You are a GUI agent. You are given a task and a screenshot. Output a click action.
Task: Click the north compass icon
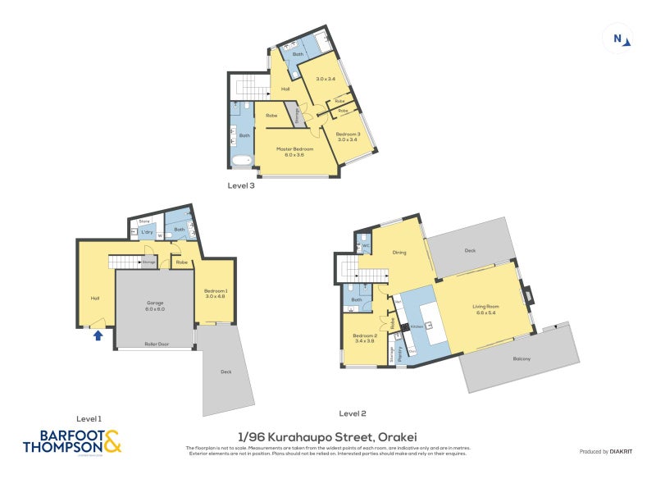[618, 38]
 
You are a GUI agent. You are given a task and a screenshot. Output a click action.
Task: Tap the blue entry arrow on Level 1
[98, 335]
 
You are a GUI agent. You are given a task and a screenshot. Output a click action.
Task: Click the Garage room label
[155, 306]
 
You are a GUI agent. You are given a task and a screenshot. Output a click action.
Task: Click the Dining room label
[399, 253]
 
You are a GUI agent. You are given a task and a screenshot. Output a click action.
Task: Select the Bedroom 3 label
[347, 136]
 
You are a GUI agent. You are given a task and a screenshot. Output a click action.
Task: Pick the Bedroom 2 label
[364, 338]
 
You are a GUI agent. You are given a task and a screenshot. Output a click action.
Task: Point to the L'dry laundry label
[148, 232]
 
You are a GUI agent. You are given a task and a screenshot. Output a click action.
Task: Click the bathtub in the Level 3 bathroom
[243, 160]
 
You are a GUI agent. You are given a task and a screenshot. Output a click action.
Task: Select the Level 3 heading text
[241, 186]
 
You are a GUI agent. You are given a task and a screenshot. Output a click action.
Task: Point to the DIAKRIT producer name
[621, 452]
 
